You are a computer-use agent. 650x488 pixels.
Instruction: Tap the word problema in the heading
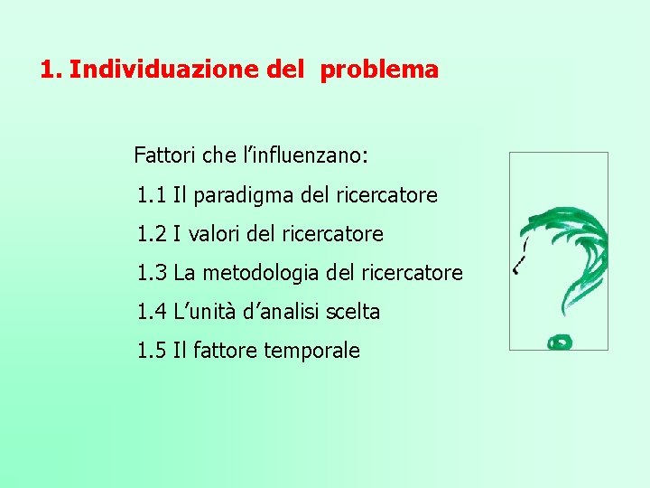(379, 70)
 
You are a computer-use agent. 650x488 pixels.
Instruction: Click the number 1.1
(152, 195)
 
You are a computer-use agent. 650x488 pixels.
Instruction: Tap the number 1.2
(152, 234)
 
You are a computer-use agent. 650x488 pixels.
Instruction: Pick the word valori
(214, 234)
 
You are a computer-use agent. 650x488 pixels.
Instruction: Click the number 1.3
(152, 273)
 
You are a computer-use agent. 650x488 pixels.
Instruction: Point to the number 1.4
(152, 312)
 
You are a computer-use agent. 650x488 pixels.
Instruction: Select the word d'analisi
(283, 312)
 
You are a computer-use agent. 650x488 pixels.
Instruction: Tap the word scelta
(355, 312)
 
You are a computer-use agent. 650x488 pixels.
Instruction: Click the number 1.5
(152, 351)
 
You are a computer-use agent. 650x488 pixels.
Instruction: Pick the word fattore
(224, 351)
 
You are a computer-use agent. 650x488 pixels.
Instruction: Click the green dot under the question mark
(561, 342)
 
